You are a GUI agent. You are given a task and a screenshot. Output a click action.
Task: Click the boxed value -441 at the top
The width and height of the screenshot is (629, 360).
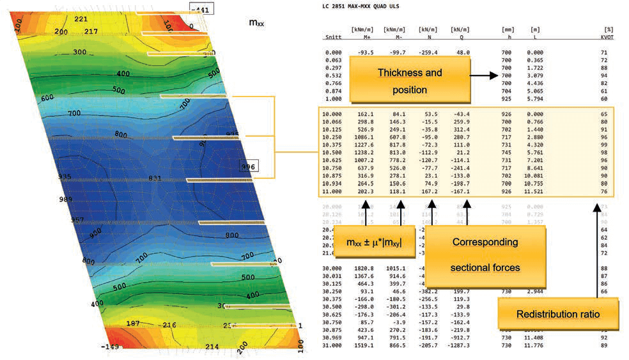(201, 8)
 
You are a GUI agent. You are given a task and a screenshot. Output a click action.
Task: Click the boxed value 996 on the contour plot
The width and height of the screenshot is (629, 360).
(247, 166)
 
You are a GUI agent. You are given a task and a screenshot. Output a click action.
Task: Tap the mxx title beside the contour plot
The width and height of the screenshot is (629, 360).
(258, 23)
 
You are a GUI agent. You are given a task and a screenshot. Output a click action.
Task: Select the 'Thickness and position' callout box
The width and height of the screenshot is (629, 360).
(410, 81)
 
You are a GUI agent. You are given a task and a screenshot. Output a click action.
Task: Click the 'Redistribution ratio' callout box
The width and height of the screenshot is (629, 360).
(558, 315)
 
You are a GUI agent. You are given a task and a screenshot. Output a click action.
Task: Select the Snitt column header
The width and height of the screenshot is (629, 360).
(333, 36)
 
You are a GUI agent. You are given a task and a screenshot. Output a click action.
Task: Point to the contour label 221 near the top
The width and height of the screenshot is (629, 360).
(81, 20)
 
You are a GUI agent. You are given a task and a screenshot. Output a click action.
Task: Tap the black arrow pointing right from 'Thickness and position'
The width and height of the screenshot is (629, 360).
(484, 75)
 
